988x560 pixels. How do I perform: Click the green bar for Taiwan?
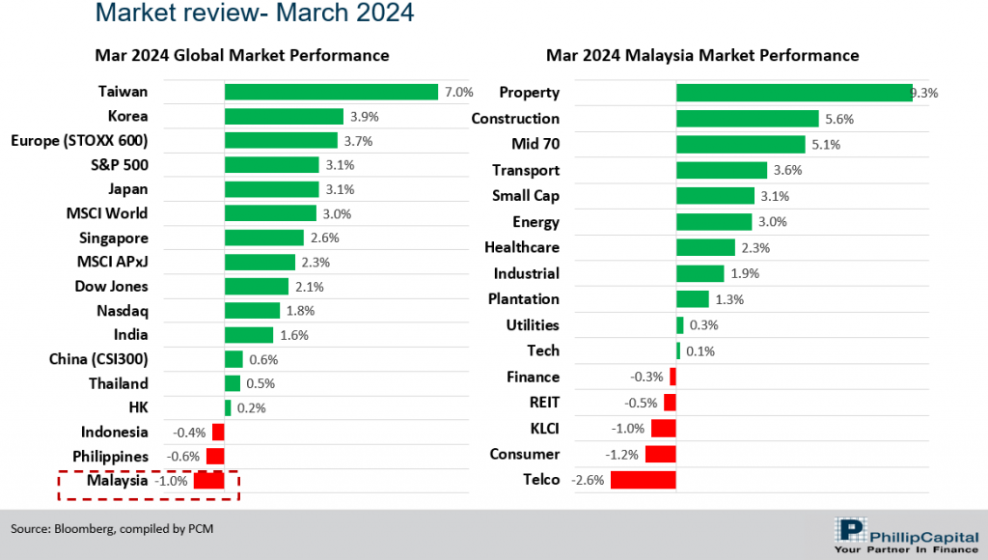[331, 92]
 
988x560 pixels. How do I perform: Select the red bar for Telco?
[643, 480]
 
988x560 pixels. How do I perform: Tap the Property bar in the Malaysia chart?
[793, 93]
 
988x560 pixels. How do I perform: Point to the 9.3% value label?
[924, 94]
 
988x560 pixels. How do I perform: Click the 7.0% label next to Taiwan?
[458, 93]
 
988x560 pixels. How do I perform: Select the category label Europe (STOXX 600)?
[79, 141]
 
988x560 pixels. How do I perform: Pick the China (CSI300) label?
[98, 359]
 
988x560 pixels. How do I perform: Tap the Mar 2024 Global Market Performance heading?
[242, 55]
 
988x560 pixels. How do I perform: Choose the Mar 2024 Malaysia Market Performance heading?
[702, 55]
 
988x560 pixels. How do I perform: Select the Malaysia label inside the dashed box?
[118, 480]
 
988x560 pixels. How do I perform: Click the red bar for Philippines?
[215, 456]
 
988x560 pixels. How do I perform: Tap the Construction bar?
[740, 119]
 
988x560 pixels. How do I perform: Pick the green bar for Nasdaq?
[252, 311]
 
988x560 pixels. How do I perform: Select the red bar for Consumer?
[661, 454]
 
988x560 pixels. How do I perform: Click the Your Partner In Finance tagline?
[904, 549]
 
